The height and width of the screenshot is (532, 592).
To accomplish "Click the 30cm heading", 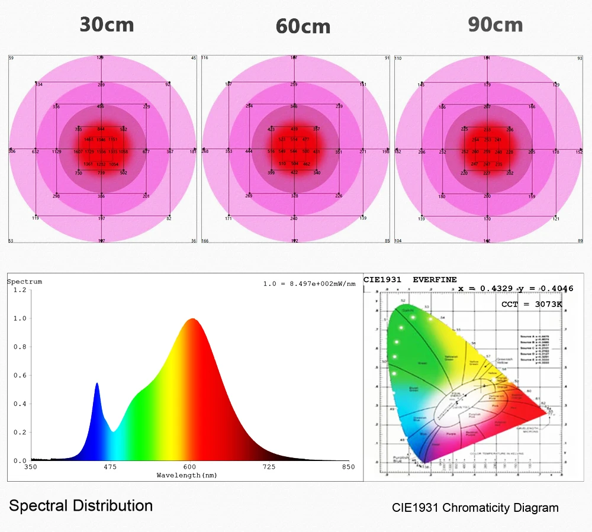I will [x=107, y=25].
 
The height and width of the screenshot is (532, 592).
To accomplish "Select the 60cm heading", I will [x=303, y=27].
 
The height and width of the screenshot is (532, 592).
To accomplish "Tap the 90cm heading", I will [x=496, y=25].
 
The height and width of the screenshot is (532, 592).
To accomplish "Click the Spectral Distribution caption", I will [x=81, y=506].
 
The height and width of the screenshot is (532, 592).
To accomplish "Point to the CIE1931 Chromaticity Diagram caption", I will [x=475, y=508].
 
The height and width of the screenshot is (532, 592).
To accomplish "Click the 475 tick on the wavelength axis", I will [x=110, y=467].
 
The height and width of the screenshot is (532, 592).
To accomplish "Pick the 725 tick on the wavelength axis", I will [x=269, y=467].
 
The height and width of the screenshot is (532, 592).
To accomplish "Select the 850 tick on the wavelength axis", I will [x=348, y=467].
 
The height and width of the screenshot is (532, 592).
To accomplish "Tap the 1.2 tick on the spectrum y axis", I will [x=20, y=290].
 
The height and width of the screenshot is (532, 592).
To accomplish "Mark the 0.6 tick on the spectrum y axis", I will [x=20, y=375].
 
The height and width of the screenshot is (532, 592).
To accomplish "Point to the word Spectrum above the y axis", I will [x=24, y=282].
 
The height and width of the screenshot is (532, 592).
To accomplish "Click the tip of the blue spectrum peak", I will [x=97, y=383].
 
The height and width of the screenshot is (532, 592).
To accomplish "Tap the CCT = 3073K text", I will [x=532, y=304].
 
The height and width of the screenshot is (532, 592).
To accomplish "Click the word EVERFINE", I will [x=435, y=279].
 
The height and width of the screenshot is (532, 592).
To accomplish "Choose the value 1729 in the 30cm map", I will [x=89, y=152].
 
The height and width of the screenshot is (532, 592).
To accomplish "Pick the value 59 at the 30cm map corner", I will [x=11, y=58].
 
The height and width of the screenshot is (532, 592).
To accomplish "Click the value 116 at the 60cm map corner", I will [x=205, y=58].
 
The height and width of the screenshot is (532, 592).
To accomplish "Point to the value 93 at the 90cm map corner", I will [x=580, y=59].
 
